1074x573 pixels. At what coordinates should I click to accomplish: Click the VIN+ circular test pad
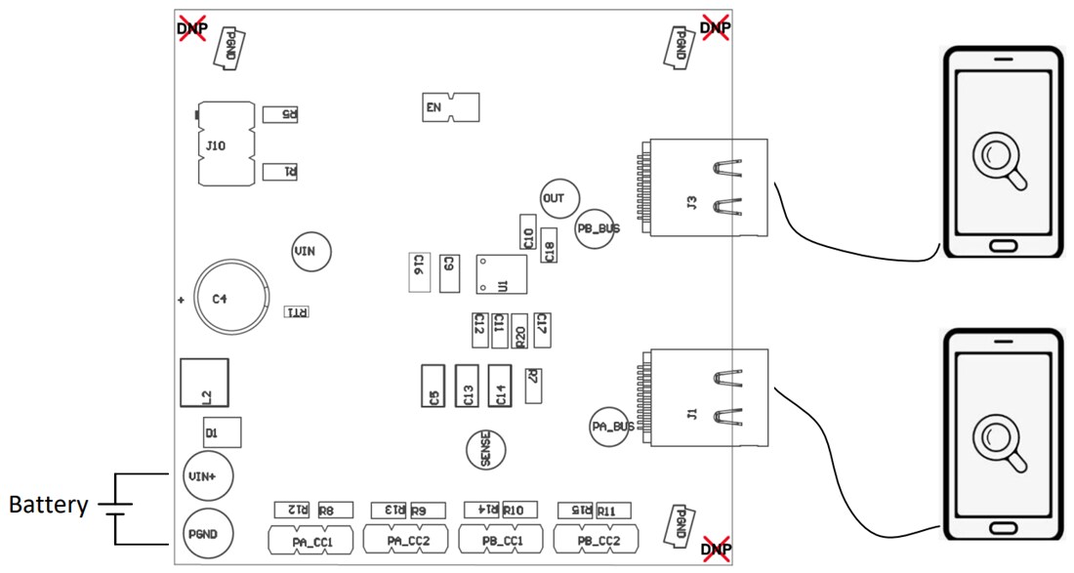pos(207,476)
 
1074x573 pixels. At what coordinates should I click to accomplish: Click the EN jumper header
pos(450,107)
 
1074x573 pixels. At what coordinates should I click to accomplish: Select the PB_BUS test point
pos(598,228)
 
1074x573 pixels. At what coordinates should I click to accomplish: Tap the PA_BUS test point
pos(613,427)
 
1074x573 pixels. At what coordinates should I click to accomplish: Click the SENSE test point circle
pos(485,450)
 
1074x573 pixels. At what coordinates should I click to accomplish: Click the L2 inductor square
pos(204,383)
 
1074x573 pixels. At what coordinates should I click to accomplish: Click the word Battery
pos(48,506)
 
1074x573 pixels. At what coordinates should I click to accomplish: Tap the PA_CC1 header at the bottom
pos(312,540)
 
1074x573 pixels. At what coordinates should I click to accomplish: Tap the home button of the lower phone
pos(1001,528)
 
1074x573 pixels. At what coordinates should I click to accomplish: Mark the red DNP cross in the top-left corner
pos(191,27)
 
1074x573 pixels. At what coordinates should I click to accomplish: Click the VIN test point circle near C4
pos(311,252)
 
